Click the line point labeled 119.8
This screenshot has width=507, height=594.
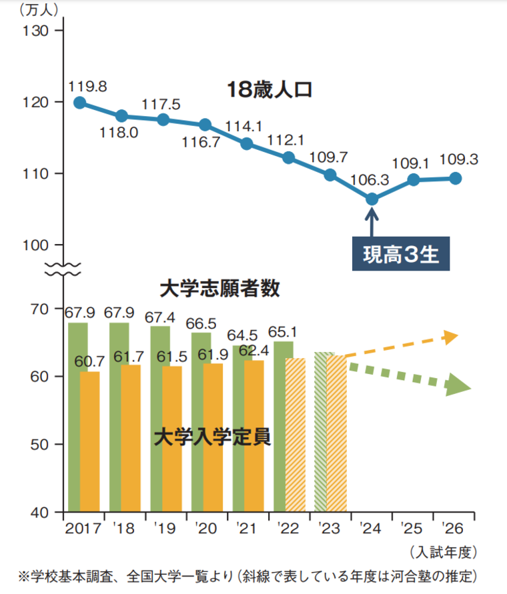(79, 102)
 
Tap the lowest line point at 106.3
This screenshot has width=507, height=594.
(372, 199)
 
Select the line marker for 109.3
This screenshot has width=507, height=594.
(455, 178)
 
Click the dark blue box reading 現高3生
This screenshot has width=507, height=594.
(401, 254)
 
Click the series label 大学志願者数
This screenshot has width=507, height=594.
(219, 289)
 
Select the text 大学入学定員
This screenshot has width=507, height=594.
(212, 437)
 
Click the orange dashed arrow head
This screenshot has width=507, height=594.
(452, 337)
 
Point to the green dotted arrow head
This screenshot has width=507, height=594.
(459, 385)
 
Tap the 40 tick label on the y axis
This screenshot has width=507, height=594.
(40, 513)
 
